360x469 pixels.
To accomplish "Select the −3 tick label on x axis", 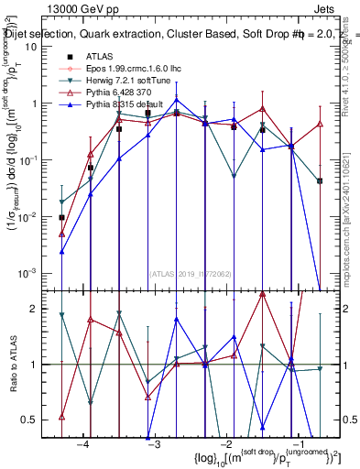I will click(154, 443).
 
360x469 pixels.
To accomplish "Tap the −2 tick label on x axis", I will click(225, 443).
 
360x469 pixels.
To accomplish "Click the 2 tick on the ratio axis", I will click(35, 309).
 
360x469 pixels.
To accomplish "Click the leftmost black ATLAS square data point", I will click(61, 218).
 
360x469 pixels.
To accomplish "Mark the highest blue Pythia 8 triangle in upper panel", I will click(177, 101).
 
